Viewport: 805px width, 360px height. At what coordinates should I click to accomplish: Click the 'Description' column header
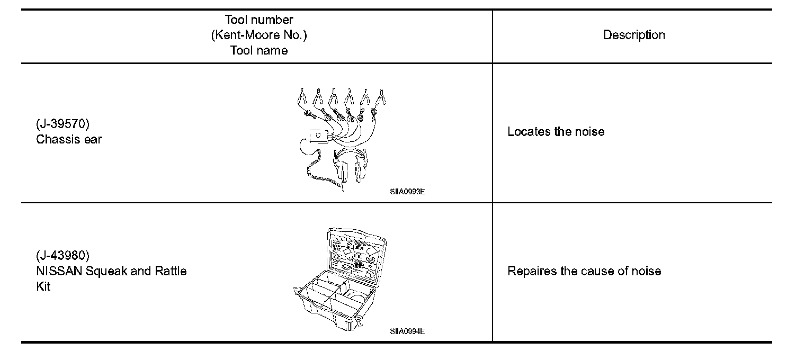(634, 35)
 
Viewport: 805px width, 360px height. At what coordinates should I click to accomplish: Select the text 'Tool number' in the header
(259, 20)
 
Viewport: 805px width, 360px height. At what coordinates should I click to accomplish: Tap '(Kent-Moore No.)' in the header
(259, 35)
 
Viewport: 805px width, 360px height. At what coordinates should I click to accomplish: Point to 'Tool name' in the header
(259, 51)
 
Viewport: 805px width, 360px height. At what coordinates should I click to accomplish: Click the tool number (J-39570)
(62, 124)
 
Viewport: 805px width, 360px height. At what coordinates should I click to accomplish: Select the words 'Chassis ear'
(69, 140)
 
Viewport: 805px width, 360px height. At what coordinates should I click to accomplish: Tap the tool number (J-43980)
(62, 256)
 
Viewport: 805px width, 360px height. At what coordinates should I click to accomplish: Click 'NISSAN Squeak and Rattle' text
(111, 271)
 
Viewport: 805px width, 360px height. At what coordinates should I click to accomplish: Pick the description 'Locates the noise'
(556, 132)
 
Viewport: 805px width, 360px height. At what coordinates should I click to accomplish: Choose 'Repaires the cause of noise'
(584, 271)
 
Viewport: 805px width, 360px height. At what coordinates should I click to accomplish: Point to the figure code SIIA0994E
(407, 332)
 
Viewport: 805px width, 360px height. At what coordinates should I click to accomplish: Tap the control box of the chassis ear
(318, 137)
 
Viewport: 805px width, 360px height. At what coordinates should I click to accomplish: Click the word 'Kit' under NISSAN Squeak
(43, 286)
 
